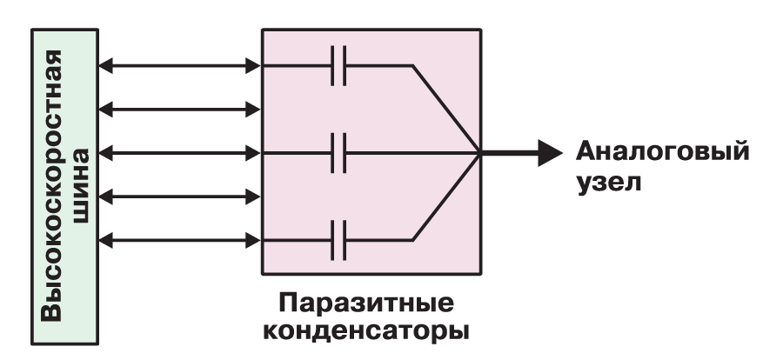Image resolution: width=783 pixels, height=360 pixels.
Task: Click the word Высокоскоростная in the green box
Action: [x=51, y=185]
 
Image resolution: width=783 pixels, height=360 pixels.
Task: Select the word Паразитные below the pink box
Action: [x=366, y=303]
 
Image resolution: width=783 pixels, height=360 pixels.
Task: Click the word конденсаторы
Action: [x=366, y=331]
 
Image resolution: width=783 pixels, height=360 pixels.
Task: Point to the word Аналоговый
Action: [x=663, y=151]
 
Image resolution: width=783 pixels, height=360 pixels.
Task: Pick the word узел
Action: [x=608, y=183]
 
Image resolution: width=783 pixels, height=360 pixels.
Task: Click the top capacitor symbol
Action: [x=338, y=65]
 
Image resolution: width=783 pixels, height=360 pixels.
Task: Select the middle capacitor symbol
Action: [x=338, y=153]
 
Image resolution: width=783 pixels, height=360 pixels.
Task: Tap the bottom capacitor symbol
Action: [x=338, y=240]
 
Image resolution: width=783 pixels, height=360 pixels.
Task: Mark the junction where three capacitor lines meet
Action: [x=479, y=153]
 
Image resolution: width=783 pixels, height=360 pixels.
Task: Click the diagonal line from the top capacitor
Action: [x=446, y=109]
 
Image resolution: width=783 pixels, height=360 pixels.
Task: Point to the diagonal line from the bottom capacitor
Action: [x=446, y=197]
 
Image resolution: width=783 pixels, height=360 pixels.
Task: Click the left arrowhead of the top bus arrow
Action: [x=106, y=65]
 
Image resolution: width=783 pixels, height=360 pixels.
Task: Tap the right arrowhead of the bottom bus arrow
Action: [x=253, y=241]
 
